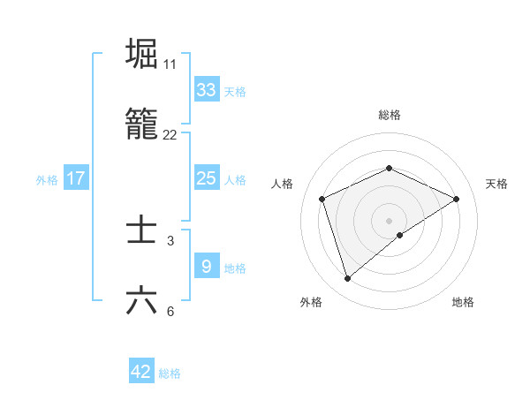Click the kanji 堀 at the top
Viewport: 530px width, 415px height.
click(141, 54)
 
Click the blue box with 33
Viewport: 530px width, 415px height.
click(206, 90)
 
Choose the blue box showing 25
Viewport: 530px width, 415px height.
click(206, 178)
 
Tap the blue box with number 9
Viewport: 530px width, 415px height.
click(206, 266)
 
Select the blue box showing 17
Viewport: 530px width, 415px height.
click(76, 178)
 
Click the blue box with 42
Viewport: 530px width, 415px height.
click(141, 372)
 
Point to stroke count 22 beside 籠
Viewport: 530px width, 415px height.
click(170, 134)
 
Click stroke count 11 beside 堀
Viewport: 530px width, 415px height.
click(170, 64)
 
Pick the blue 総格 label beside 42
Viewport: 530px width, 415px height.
click(170, 373)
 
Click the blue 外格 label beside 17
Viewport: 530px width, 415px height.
click(47, 180)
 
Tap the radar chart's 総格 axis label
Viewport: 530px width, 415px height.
click(389, 115)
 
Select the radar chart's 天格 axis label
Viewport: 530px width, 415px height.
click(496, 184)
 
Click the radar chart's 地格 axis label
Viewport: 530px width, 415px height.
click(463, 302)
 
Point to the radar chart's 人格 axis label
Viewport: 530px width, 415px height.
click(283, 184)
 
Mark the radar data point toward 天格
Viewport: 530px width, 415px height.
click(457, 199)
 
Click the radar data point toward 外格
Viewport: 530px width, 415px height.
click(347, 279)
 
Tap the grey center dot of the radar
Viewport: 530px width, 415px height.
click(389, 220)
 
